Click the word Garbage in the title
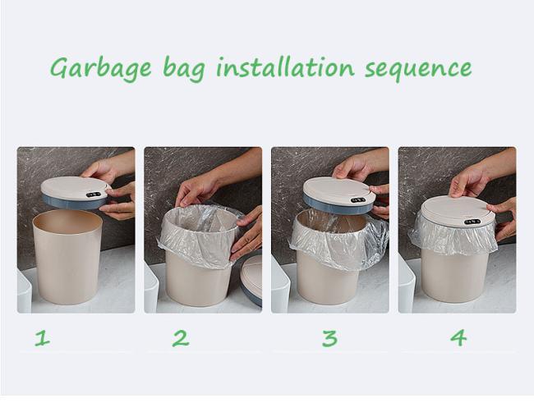[x=101, y=67]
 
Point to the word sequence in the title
[x=418, y=69]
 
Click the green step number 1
[x=43, y=339]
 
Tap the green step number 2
[x=181, y=338]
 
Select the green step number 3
[x=329, y=338]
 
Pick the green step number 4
[x=458, y=338]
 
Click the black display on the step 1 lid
[x=94, y=195]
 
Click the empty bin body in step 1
[x=67, y=257]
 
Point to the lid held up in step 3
[x=339, y=195]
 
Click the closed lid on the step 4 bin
[x=458, y=212]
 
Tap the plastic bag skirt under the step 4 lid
[x=453, y=236]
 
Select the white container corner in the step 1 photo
[x=24, y=291]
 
